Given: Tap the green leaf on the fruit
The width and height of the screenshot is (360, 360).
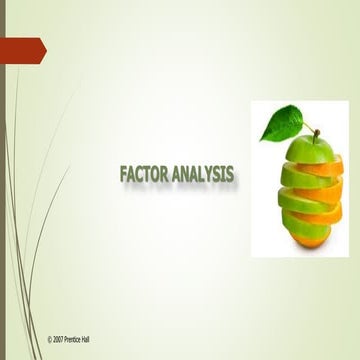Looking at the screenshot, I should [282, 123].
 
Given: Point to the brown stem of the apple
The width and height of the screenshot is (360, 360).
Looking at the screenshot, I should [314, 133].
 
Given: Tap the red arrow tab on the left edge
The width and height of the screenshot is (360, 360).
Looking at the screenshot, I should [22, 47].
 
